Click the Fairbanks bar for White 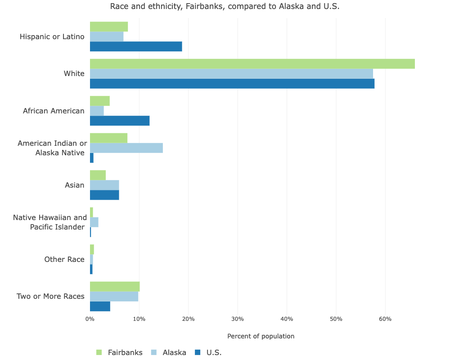pyautogui.click(x=252, y=64)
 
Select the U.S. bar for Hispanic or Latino pyautogui.click(x=136, y=46)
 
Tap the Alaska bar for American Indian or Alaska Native pyautogui.click(x=126, y=148)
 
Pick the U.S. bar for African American pyautogui.click(x=120, y=121)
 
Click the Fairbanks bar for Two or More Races pyautogui.click(x=115, y=287)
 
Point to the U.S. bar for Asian pyautogui.click(x=104, y=195)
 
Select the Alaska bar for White pyautogui.click(x=231, y=74)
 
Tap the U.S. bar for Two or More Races pyautogui.click(x=100, y=306)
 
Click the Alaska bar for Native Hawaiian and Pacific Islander pyautogui.click(x=94, y=222)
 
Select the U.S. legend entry pyautogui.click(x=214, y=352)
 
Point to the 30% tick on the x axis pyautogui.click(x=238, y=319)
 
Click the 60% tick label pyautogui.click(x=385, y=319)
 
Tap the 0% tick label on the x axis pyautogui.click(x=90, y=319)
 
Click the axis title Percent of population pyautogui.click(x=261, y=336)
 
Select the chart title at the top pyautogui.click(x=225, y=6)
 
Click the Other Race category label pyautogui.click(x=64, y=259)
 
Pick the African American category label pyautogui.click(x=54, y=111)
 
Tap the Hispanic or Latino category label pyautogui.click(x=52, y=36)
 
